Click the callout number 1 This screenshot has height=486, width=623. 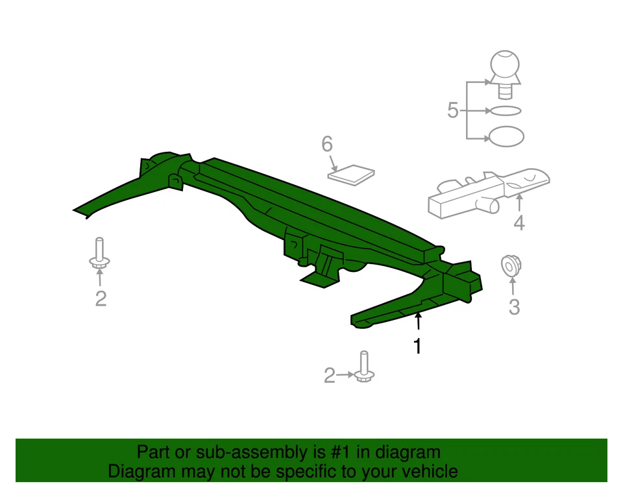418,347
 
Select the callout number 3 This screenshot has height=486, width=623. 514,307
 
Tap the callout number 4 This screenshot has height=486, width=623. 519,223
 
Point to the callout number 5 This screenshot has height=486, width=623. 453,111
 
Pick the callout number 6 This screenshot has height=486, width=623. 326,143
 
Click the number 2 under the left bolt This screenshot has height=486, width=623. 101,299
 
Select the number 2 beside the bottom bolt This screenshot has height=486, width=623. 330,376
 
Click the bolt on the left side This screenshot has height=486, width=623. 99,254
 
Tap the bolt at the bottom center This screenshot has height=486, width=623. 363,367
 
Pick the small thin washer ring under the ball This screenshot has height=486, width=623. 505,111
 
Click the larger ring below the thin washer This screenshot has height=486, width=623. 506,136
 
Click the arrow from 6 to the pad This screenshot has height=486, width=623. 332,162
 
